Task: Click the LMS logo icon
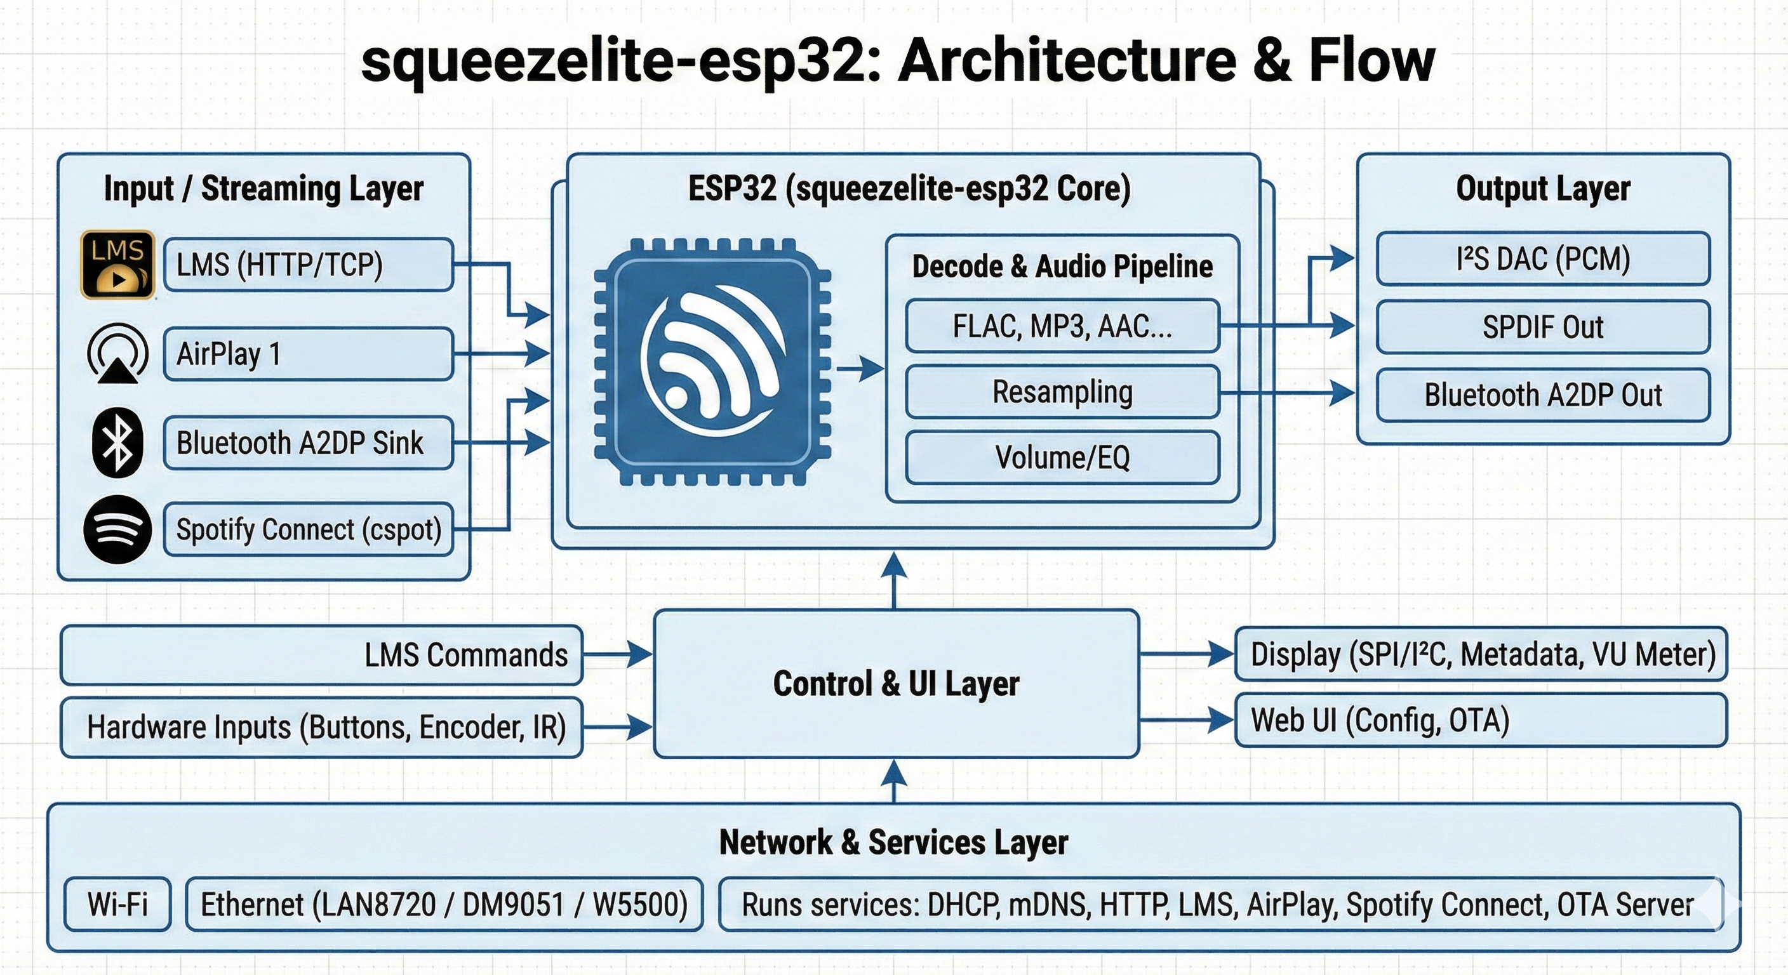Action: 118,265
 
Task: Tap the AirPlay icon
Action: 118,353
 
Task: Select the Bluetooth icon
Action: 118,442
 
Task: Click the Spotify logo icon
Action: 118,529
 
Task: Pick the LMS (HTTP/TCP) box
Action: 309,265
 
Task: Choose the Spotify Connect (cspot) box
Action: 309,529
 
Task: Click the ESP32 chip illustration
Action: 713,362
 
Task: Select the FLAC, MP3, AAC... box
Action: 1062,326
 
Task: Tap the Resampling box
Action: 1062,392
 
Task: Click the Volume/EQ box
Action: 1062,457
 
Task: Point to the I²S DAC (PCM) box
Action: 1542,259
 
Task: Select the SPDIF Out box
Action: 1542,327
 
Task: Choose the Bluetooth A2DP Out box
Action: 1542,395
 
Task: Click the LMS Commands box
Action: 321,655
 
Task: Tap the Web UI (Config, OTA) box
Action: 1481,720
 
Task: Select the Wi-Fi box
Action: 117,904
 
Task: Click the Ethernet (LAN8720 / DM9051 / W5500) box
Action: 444,904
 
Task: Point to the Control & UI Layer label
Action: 896,684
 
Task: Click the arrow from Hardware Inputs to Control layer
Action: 617,727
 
